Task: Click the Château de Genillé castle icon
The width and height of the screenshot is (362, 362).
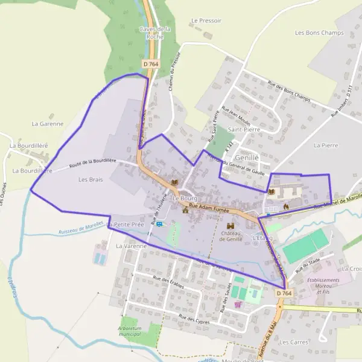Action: pos(230,226)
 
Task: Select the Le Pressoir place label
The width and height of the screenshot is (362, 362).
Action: pos(206,21)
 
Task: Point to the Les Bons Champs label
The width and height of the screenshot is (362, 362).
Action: pos(319,33)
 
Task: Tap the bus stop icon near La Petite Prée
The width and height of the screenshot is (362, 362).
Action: pos(159,224)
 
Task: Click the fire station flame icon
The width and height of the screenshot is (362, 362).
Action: pos(286,206)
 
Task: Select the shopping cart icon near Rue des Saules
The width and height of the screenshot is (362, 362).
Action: pos(238,304)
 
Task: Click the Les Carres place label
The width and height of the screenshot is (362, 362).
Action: pos(294,342)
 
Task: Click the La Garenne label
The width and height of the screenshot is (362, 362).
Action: pos(47,124)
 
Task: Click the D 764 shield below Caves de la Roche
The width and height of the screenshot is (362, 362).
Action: pos(151,63)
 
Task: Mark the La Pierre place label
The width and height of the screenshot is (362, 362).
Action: pos(326,145)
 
